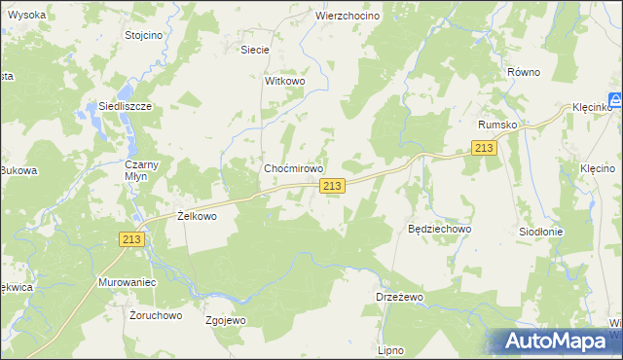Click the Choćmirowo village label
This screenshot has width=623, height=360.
point(294,168)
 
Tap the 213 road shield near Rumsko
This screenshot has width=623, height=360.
point(484,147)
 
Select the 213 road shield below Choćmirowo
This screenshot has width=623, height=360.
point(332,186)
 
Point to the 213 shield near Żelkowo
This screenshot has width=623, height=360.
point(133,239)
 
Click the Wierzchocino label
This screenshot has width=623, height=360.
point(347,17)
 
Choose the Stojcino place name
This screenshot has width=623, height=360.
point(143,34)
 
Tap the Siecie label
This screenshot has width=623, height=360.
point(254,49)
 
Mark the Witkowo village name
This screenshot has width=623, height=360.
point(285,82)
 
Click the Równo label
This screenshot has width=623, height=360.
point(523,72)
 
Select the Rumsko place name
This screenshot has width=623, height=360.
point(496,125)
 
